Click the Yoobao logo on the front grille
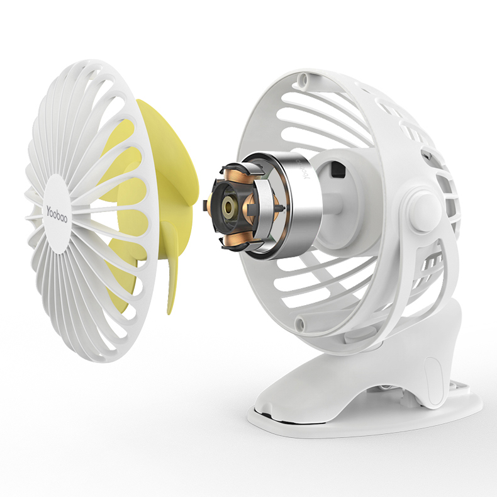tap(57, 215)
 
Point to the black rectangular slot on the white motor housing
tap(337, 170)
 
